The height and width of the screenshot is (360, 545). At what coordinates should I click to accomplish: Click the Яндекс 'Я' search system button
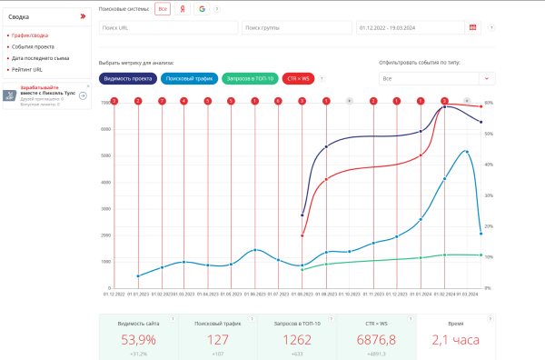point(182,8)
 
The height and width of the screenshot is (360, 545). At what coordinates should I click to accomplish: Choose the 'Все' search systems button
point(162,8)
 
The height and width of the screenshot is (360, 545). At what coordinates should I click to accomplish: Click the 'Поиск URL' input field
point(167,27)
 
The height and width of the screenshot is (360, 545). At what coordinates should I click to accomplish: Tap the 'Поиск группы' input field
point(296,27)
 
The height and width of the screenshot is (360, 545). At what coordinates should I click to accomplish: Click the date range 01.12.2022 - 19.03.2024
point(409,27)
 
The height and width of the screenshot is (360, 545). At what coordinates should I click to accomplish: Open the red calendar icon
point(472,27)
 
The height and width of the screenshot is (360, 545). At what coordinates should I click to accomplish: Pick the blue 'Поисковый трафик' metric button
point(189,78)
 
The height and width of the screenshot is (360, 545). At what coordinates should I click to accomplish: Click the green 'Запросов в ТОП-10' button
point(250,78)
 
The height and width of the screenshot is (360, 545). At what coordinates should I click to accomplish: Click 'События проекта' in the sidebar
point(34,46)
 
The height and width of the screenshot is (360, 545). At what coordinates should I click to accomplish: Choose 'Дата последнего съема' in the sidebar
point(40,57)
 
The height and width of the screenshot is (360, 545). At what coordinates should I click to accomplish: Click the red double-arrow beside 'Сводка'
point(84,16)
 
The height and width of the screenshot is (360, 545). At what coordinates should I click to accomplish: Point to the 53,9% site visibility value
point(137,340)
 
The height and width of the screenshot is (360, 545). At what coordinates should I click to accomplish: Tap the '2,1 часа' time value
point(456,340)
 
